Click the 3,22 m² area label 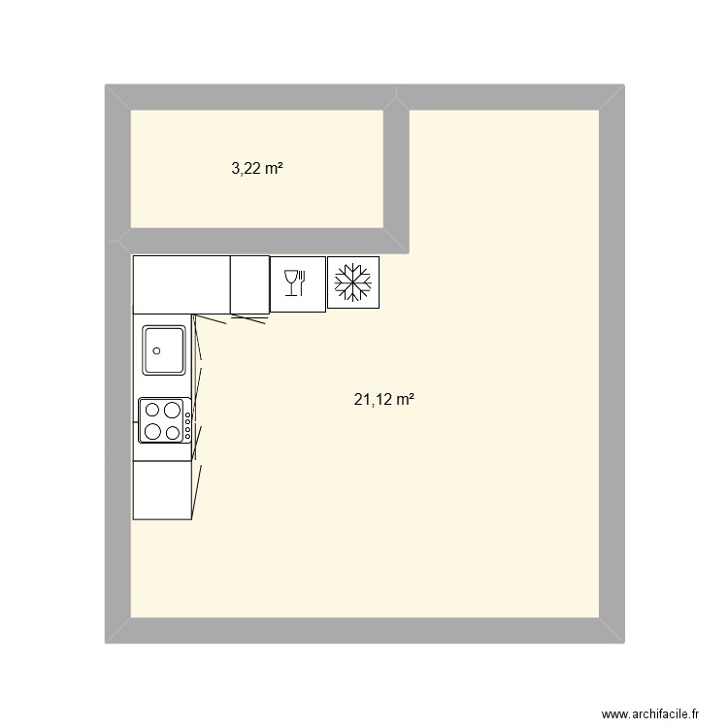point(256,168)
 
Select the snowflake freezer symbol point(353,282)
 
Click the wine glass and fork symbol point(297,283)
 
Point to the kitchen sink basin point(164,350)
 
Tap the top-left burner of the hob point(152,410)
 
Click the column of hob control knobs point(186,421)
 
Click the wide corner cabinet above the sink point(182,284)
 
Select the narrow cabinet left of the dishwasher point(249,284)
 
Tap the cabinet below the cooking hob point(162,489)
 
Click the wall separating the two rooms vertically point(396,170)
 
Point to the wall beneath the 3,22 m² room point(257,242)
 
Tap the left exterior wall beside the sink point(117,350)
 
